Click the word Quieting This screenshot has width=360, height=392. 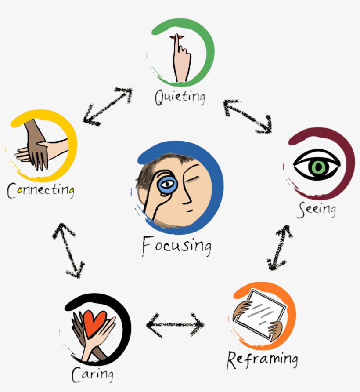[x=180, y=96]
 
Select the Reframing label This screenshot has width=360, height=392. [x=262, y=359]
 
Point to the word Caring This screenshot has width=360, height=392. [x=92, y=374]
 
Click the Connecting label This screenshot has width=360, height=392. [x=40, y=190]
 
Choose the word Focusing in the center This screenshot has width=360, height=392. [x=176, y=246]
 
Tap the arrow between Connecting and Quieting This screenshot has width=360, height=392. [x=108, y=106]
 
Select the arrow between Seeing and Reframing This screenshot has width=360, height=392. [x=280, y=247]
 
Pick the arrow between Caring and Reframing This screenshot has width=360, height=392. [x=175, y=326]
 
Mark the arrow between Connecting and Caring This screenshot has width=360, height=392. [x=68, y=250]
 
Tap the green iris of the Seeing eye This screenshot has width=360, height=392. [x=317, y=167]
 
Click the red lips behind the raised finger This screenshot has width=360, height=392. [x=180, y=37]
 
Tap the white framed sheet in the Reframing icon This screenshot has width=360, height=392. [x=259, y=315]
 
